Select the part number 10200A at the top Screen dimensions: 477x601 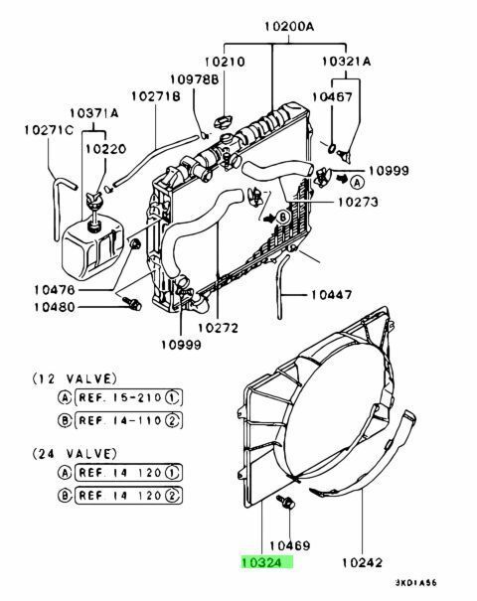pos(289,27)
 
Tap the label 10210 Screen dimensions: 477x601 pos(225,62)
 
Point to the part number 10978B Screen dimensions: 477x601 pos(195,79)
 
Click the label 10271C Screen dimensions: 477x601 pos(49,130)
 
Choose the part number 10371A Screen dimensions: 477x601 pos(94,113)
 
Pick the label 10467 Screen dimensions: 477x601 pos(332,96)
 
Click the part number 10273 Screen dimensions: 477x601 pos(358,202)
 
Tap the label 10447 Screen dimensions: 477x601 pos(331,295)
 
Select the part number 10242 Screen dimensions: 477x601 pos(363,562)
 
